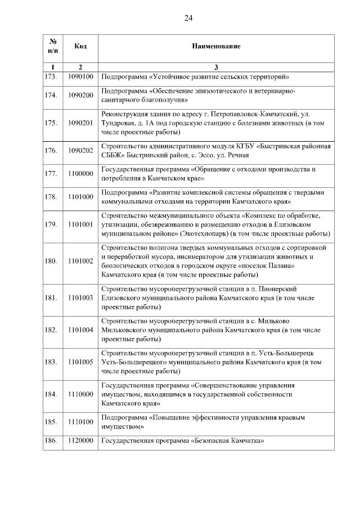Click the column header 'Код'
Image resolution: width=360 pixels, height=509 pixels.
coord(80,46)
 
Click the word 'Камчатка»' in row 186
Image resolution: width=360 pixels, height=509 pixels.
coord(247,442)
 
